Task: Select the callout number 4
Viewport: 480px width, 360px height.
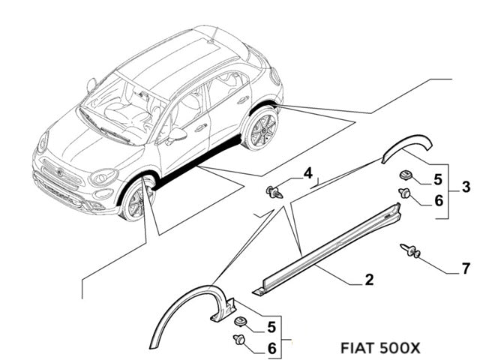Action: coord(307,175)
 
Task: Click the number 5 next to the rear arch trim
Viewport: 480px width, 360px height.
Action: coord(439,179)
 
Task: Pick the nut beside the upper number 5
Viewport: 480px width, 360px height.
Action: coord(406,175)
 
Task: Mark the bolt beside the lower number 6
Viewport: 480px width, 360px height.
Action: coord(241,342)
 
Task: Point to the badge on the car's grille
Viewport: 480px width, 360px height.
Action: coord(60,172)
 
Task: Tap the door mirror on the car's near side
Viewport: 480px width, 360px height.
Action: coord(178,135)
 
